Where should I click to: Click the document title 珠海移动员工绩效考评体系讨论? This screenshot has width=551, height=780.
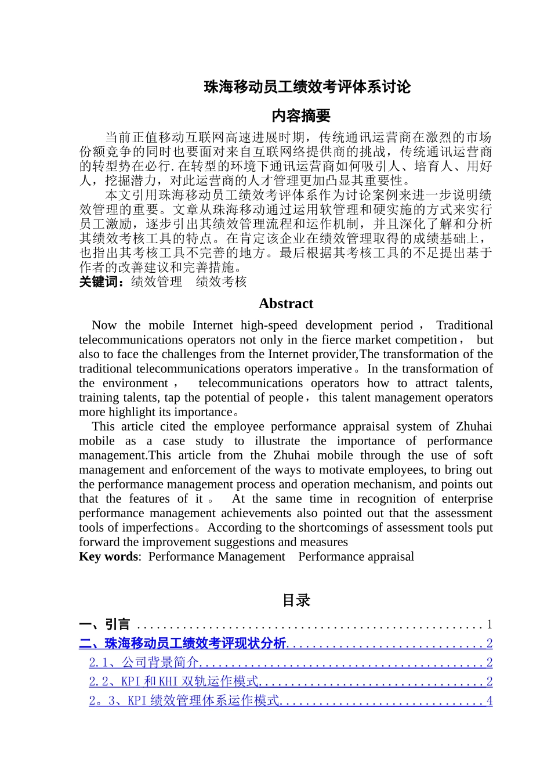307,87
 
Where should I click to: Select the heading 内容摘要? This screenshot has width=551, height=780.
301,116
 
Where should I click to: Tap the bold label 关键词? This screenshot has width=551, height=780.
101,282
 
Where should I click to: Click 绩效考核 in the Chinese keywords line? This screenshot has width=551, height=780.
221,282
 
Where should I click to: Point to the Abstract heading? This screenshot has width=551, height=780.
286,304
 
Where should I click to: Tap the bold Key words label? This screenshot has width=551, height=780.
108,557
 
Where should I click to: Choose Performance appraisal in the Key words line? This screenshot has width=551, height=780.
356,557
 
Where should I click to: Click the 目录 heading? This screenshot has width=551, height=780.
296,601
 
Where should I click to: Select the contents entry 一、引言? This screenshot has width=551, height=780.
105,624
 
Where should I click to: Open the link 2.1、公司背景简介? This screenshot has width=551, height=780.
144,663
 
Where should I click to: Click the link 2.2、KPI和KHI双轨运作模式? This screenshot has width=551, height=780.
173,682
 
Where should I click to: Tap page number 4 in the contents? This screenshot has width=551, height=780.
490,701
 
